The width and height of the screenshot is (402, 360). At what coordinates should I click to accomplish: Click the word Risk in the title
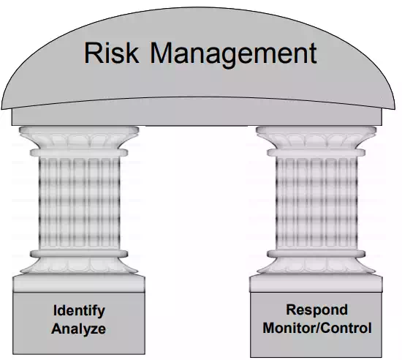112,53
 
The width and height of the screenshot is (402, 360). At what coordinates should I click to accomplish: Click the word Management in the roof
233,55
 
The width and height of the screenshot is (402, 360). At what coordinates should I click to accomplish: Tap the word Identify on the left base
79,311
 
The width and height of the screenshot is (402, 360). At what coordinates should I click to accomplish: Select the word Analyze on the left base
78,329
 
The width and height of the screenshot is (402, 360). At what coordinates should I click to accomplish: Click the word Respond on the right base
317,310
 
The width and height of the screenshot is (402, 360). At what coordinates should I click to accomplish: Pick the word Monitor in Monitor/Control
289,328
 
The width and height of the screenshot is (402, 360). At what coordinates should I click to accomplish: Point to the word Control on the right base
344,328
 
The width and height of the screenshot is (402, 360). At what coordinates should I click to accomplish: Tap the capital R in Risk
93,53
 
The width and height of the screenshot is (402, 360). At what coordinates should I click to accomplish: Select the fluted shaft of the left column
79,203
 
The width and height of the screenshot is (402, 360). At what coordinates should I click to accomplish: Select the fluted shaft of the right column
316,203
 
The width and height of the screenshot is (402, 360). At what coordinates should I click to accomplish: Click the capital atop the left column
79,141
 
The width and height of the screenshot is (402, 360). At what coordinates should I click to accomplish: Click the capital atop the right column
316,141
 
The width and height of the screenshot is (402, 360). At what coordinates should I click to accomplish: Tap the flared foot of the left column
79,262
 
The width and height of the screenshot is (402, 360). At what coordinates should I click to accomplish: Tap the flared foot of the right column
316,262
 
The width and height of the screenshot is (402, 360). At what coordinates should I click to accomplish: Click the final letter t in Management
314,53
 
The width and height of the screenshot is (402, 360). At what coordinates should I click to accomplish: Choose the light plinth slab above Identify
79,283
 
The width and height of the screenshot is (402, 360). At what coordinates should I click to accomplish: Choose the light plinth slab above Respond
316,283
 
